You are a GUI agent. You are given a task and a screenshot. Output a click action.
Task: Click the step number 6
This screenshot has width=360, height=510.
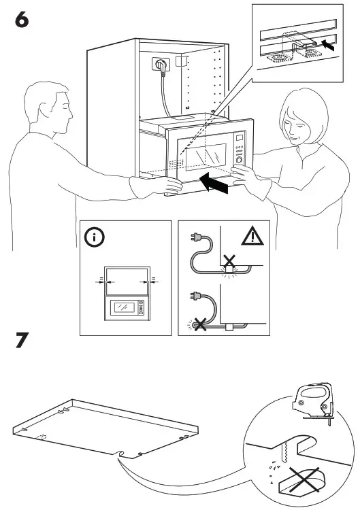click(x=22, y=20)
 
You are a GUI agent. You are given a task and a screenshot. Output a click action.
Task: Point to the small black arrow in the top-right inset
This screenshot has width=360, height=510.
click(x=328, y=46)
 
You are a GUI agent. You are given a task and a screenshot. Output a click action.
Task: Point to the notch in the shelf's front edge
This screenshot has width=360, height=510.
click(x=121, y=452)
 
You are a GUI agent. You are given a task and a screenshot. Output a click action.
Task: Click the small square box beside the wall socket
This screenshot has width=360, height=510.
click(x=180, y=61)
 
